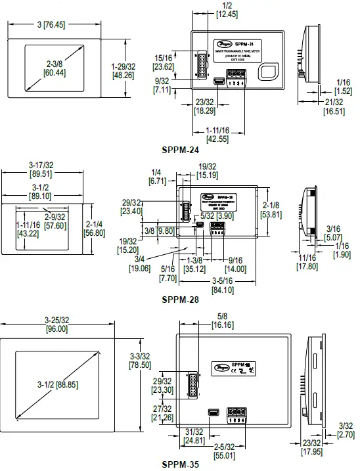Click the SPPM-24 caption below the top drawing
point(180,150)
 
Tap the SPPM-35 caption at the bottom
point(180,464)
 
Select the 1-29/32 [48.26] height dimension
point(122,72)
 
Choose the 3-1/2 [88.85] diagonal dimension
point(56,384)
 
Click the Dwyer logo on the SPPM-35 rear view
point(221,370)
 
